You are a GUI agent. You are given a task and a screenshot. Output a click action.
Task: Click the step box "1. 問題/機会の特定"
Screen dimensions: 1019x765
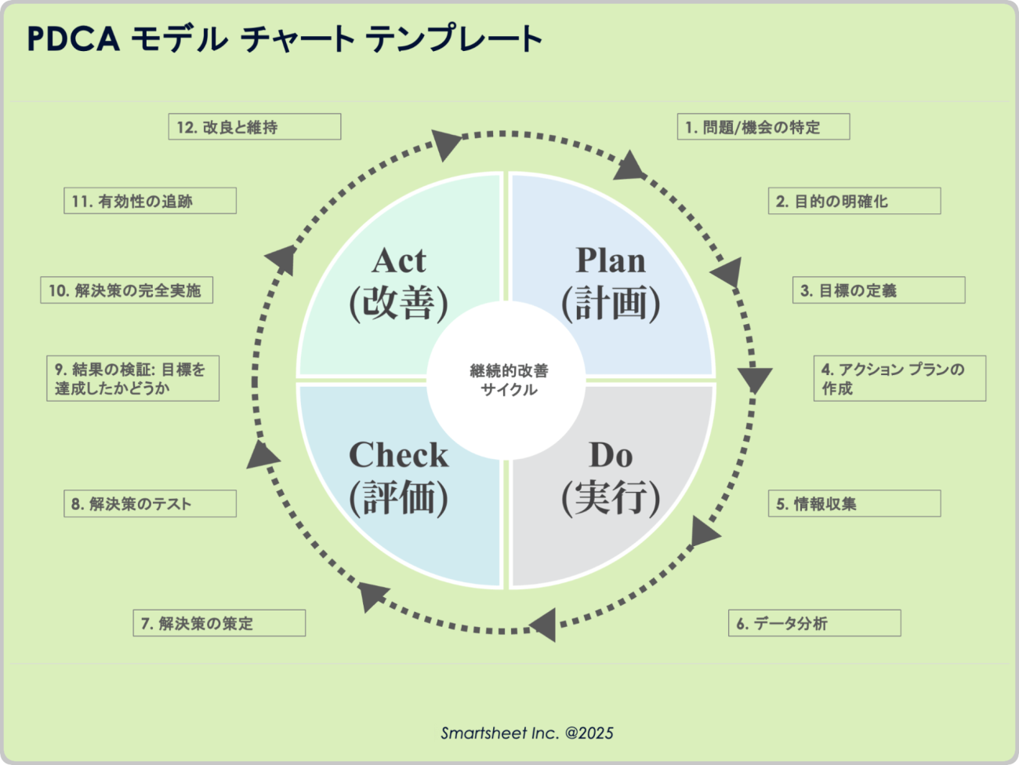[763, 126]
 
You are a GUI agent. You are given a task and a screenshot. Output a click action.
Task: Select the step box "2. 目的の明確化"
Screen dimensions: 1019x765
[854, 201]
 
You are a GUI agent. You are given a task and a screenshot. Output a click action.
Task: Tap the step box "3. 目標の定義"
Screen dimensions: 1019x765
[879, 290]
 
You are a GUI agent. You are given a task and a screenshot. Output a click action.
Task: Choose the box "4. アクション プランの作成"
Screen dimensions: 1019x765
[900, 378]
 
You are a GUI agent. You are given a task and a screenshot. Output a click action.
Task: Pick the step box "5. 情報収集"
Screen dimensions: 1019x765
[854, 503]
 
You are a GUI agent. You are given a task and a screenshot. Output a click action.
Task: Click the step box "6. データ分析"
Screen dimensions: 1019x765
[814, 623]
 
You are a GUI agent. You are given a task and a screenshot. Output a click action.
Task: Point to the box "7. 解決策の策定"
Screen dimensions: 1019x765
[219, 623]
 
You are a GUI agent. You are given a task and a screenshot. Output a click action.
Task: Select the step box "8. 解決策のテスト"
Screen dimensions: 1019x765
[150, 503]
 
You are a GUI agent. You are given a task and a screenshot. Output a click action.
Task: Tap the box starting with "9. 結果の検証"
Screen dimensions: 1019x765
[132, 378]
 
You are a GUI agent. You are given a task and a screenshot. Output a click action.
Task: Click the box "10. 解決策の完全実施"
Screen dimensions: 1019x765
[127, 290]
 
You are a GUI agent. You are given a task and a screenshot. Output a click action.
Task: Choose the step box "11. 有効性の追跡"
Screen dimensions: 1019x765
[150, 201]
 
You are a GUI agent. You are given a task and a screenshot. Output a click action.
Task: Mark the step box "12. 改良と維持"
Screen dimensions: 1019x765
[255, 126]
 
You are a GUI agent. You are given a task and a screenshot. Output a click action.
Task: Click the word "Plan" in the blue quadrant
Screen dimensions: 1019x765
[611, 260]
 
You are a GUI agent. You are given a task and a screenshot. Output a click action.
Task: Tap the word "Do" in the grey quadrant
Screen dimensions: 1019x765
[611, 455]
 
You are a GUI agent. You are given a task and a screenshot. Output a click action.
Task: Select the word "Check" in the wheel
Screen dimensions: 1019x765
[398, 454]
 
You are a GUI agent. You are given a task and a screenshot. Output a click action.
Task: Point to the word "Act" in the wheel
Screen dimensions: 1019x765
[398, 260]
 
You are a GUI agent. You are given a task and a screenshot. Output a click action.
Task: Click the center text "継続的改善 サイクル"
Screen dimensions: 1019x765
[509, 380]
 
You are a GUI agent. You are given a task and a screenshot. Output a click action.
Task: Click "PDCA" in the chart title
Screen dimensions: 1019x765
[74, 38]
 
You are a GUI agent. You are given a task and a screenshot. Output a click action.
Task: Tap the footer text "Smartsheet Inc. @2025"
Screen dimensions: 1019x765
[527, 733]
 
